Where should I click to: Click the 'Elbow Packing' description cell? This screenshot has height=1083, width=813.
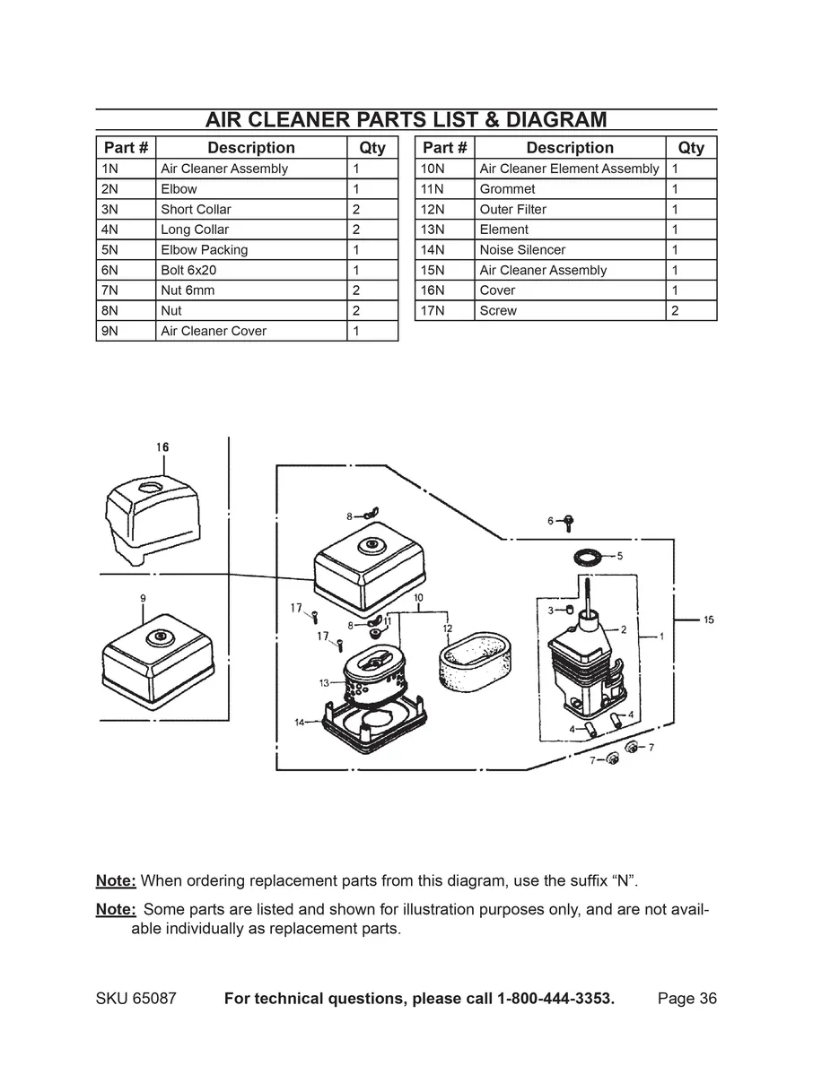251,250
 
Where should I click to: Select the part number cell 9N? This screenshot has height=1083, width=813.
126,331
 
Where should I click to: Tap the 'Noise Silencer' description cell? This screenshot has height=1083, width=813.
570,250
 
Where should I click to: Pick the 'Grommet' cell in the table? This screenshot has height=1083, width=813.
570,189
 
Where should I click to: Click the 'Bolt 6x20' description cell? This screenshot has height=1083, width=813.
251,270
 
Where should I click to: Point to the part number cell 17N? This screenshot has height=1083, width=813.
445,311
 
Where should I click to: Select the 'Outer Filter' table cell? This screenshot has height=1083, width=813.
570,210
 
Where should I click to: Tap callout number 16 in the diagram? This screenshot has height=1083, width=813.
162,446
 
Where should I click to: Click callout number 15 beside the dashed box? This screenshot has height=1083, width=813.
708,619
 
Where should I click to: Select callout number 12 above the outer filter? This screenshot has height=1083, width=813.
447,628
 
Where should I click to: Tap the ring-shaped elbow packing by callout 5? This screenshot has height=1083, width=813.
587,557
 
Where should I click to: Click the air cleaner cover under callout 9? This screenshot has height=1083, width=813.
157,659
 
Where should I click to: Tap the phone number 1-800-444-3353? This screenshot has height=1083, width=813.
555,999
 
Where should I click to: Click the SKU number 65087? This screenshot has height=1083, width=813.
156,999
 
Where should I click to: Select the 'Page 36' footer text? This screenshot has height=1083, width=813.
686,999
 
